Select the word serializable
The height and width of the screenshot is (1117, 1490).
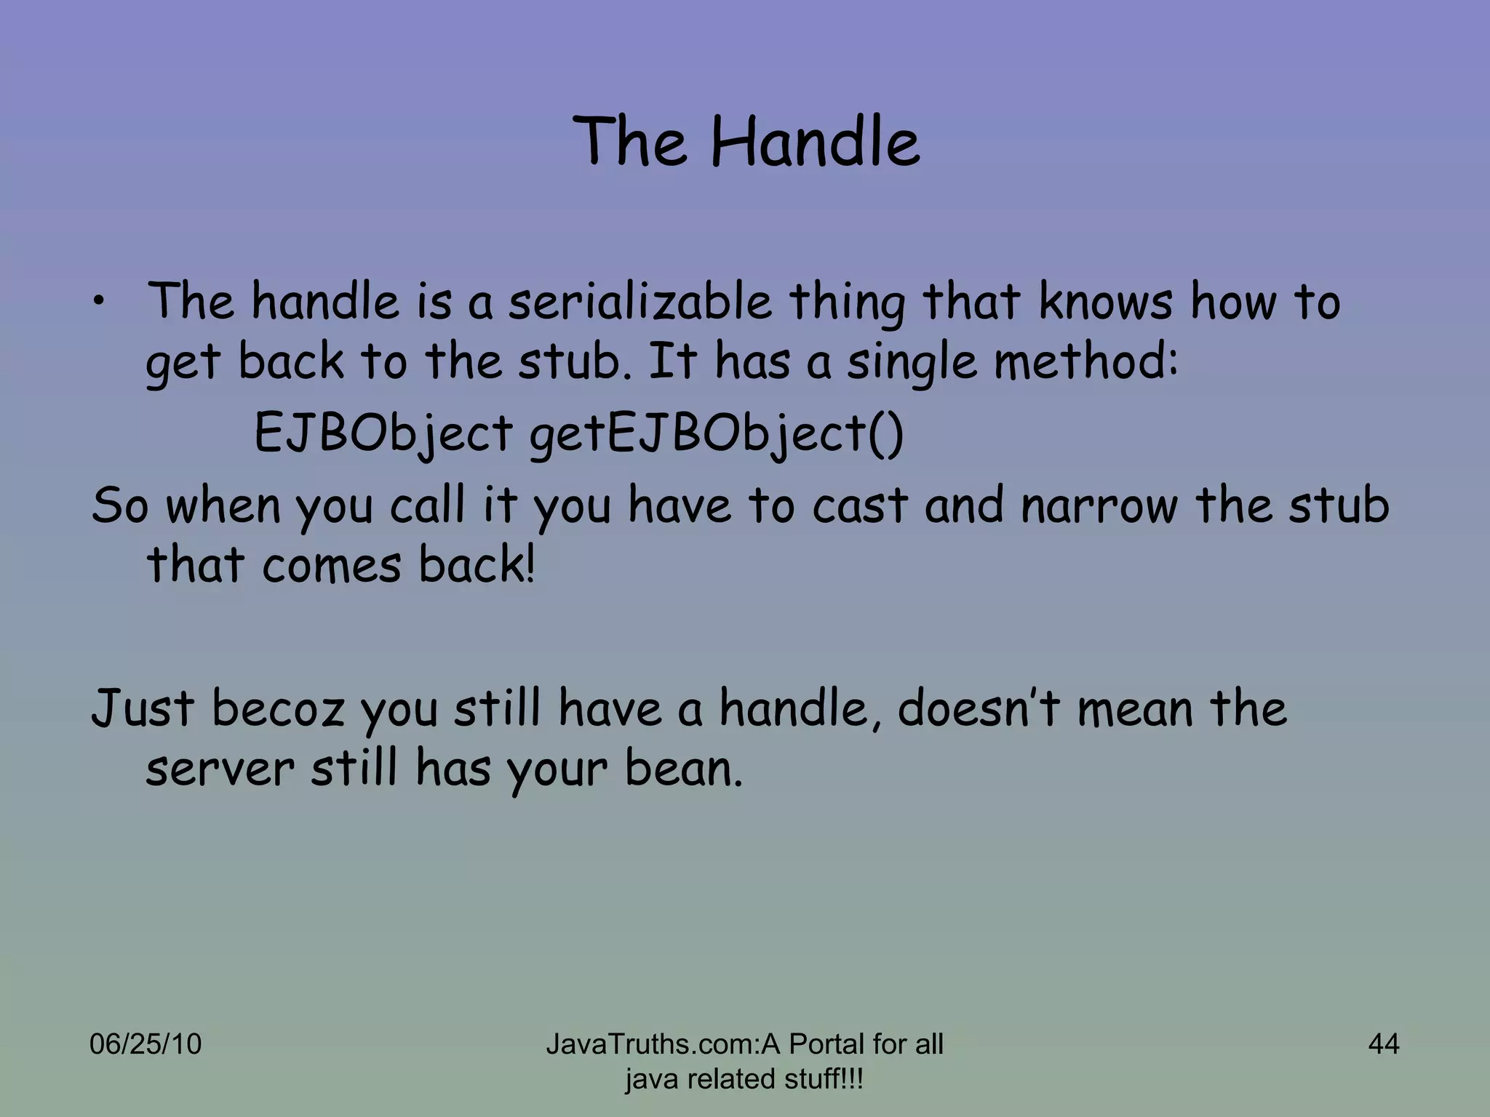point(640,303)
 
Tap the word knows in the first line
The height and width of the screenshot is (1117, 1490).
point(1105,303)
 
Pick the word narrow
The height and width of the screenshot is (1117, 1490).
point(1099,506)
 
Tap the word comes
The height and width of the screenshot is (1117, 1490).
point(332,566)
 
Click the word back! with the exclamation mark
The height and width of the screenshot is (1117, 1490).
point(477,566)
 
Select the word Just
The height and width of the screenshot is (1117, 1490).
point(143,708)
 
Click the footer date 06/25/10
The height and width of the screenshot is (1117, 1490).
point(146,1044)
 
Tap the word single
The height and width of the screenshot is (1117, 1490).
point(912,362)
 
